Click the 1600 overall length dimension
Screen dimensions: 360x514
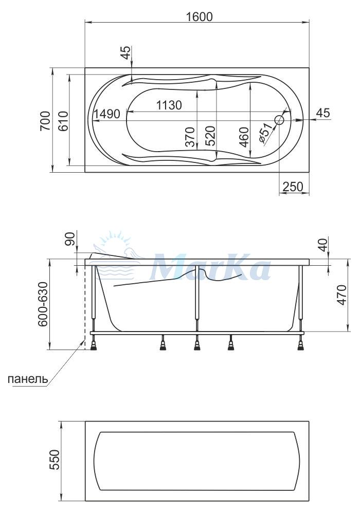200,16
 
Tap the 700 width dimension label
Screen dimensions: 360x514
46,121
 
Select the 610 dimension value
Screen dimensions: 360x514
64,121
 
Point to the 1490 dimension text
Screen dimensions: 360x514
107,114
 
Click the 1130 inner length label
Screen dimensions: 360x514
169,105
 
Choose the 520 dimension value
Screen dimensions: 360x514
210,136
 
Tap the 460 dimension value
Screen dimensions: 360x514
244,137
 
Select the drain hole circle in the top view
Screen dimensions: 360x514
279,120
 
